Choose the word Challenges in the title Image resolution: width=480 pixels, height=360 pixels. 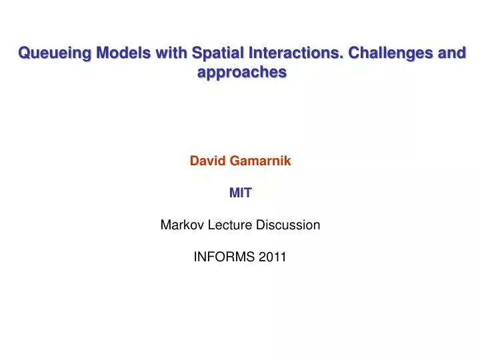coord(391,53)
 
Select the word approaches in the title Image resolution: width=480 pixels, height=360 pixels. coord(242,72)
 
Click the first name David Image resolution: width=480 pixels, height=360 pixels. coord(207,161)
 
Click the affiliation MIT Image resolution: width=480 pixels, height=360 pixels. coord(240,193)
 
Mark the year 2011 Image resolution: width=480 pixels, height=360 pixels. coord(273,257)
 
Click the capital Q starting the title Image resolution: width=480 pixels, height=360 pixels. coord(24,53)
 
